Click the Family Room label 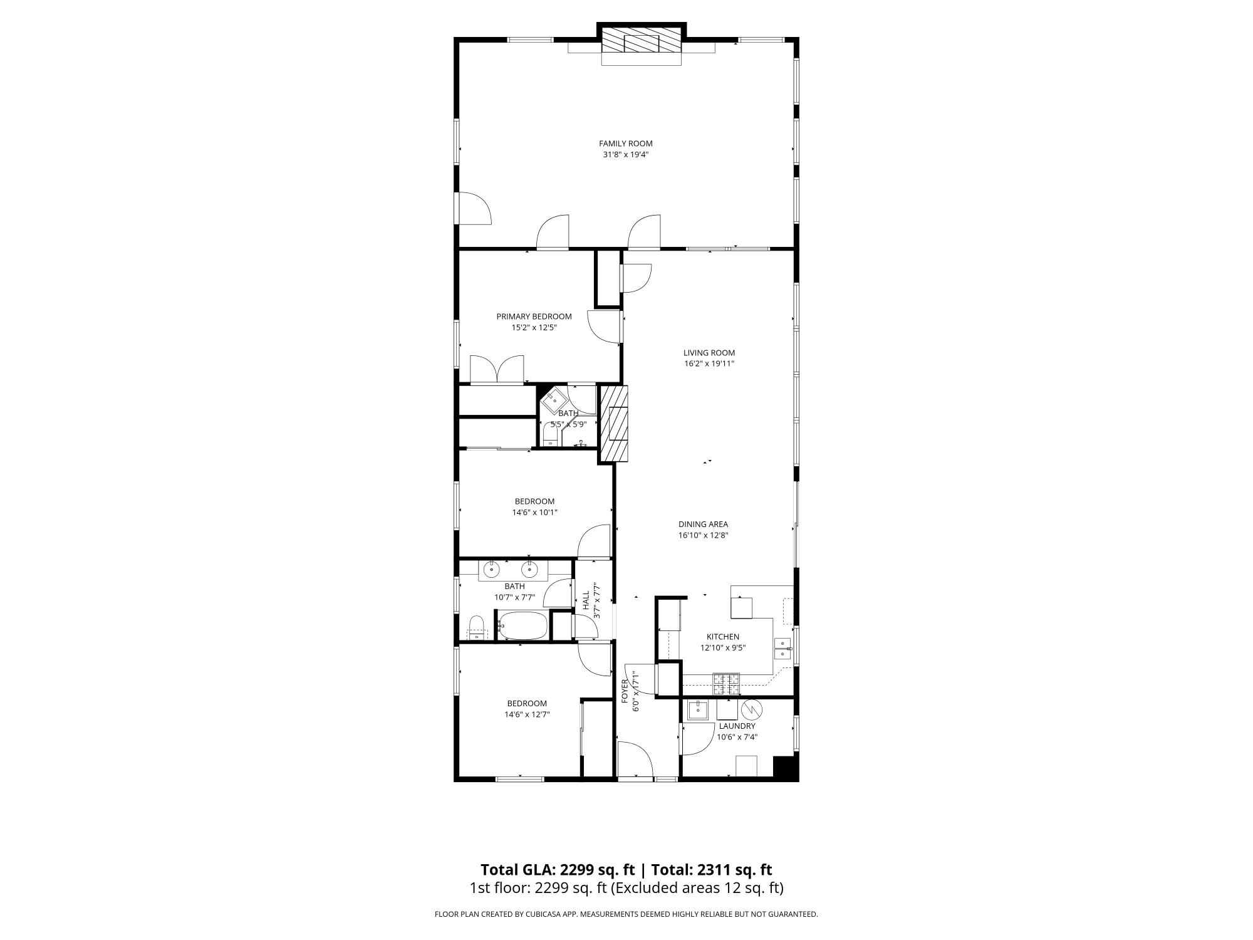tap(625, 144)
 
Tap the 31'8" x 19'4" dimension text tap(625, 154)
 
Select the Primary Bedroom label tap(534, 316)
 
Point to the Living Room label tap(709, 353)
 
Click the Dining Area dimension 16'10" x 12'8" tap(703, 535)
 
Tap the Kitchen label tap(723, 637)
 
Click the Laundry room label tap(737, 726)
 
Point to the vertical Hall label tap(586, 600)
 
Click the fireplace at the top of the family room tap(642, 43)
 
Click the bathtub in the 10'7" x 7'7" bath tap(523, 625)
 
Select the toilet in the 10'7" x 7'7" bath tap(477, 627)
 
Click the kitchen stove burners tap(726, 683)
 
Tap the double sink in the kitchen tap(783, 649)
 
